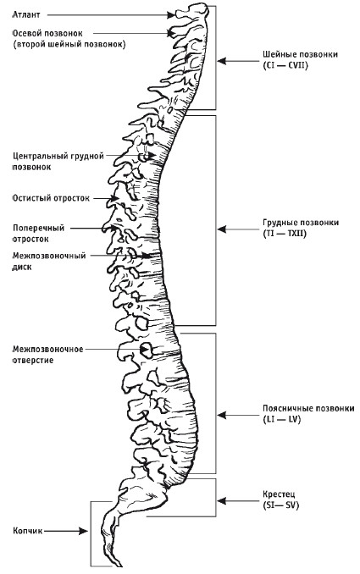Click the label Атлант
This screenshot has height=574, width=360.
click(26, 14)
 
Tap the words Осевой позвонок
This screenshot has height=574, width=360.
click(47, 33)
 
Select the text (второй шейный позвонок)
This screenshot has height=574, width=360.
click(69, 45)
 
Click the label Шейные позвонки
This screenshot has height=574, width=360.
click(300, 54)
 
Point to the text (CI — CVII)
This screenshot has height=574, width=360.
click(285, 65)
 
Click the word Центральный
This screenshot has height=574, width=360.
click(39, 157)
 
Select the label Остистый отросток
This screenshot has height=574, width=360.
click(51, 198)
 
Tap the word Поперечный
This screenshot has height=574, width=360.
click(38, 228)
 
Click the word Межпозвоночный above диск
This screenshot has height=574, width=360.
click(49, 256)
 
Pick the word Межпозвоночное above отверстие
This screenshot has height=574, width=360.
click(48, 350)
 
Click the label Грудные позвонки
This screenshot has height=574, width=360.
click(301, 223)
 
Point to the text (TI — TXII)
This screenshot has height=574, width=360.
click(285, 233)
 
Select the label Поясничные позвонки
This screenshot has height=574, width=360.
click(308, 408)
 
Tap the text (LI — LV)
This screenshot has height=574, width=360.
click(281, 420)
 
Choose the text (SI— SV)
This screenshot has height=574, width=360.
click(280, 505)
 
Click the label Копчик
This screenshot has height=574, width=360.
click(27, 531)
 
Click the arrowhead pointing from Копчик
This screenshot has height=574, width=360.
click(84, 531)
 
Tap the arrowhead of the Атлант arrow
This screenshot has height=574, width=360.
click(171, 15)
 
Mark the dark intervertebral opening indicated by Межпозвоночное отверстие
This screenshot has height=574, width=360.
click(147, 350)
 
